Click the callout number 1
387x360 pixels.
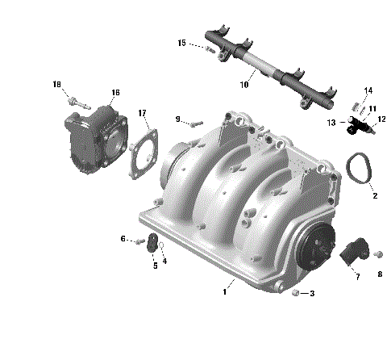pyautogui.click(x=224, y=292)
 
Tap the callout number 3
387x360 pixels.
pyautogui.click(x=312, y=294)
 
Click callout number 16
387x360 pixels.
pyautogui.click(x=115, y=93)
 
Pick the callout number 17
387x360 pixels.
pyautogui.click(x=142, y=112)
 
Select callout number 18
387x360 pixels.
pyautogui.click(x=56, y=84)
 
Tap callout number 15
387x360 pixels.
pyautogui.click(x=181, y=42)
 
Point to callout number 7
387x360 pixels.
pyautogui.click(x=357, y=277)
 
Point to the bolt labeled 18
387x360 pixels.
pyautogui.click(x=73, y=103)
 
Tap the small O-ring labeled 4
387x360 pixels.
pyautogui.click(x=161, y=245)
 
